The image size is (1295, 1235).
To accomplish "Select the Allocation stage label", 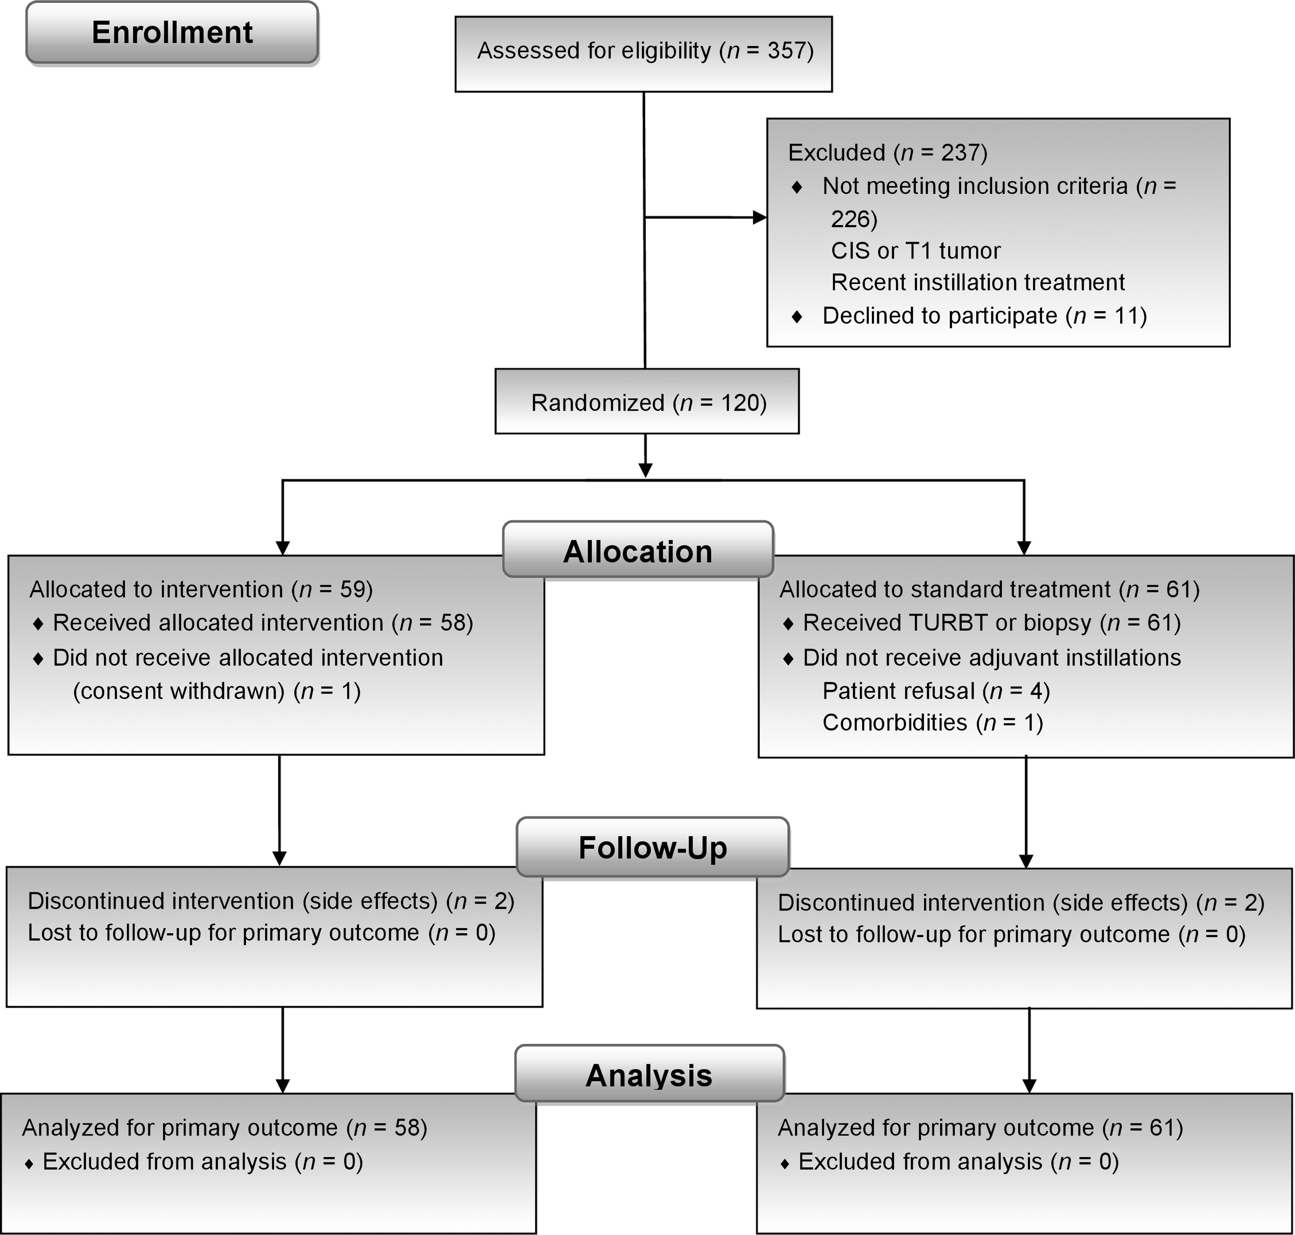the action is [x=638, y=550].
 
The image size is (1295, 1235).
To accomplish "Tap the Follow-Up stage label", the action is [x=653, y=847].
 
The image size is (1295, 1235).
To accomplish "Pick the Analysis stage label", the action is [x=650, y=1075].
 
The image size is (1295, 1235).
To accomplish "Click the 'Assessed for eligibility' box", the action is [x=643, y=54].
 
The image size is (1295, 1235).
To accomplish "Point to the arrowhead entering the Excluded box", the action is [x=760, y=217].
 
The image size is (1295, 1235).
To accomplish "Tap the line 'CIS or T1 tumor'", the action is [x=915, y=251].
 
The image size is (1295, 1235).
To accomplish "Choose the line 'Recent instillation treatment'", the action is [x=978, y=282].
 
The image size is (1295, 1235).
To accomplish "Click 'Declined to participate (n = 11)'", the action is [x=984, y=316].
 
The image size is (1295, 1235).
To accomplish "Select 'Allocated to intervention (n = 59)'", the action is [x=201, y=589].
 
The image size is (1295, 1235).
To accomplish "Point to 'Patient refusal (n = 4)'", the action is [x=936, y=691].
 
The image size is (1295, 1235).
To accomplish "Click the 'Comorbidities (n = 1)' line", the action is [x=933, y=723].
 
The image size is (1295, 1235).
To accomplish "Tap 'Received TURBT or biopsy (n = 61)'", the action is [x=992, y=623].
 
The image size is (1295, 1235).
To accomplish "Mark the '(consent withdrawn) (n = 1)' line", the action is [x=216, y=691].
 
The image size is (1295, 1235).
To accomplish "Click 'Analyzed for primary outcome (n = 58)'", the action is [x=224, y=1128].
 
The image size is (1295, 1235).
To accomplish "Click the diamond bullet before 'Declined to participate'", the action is [x=797, y=317].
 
